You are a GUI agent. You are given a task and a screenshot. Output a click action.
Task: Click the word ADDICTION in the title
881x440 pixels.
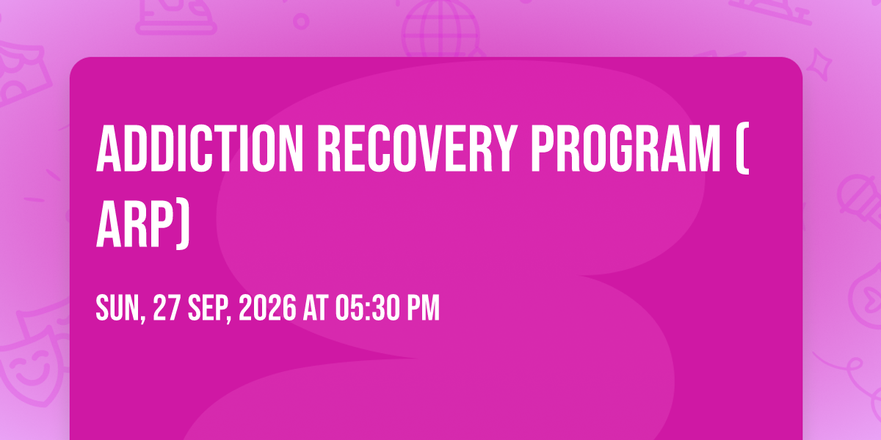click(x=200, y=148)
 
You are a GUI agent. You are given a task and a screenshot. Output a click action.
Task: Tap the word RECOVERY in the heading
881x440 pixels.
click(x=416, y=148)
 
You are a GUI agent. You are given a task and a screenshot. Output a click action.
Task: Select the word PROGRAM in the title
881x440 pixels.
click(x=626, y=148)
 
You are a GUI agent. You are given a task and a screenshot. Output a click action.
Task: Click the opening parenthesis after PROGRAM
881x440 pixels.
click(x=743, y=148)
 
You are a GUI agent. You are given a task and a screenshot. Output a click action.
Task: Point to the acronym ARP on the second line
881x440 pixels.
click(x=134, y=224)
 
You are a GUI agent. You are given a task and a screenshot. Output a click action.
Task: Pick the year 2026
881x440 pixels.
click(x=267, y=308)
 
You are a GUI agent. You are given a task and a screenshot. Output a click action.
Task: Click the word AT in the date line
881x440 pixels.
click(x=315, y=308)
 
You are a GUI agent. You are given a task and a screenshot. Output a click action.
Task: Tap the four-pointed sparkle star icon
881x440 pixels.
click(x=819, y=64)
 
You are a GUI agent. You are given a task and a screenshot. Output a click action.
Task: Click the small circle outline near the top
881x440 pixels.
click(x=301, y=21)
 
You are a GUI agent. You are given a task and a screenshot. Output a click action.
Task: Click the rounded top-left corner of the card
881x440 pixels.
click(x=75, y=62)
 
